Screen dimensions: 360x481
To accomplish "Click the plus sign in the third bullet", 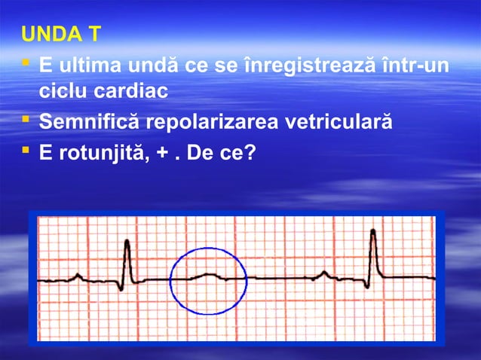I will tap(164, 152).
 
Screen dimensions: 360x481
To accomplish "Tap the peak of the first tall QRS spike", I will tap(127, 243).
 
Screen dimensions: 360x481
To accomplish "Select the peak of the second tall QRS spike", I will tap(373, 232).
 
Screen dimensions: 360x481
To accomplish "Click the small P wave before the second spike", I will tap(324, 273).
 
